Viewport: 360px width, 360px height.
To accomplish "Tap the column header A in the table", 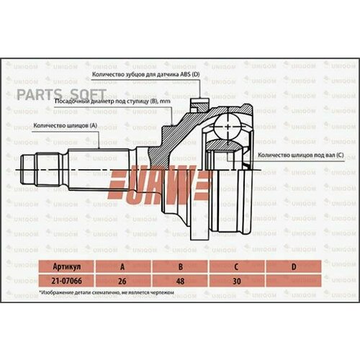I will click(120, 266).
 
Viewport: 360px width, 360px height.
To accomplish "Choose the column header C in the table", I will click(237, 266).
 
